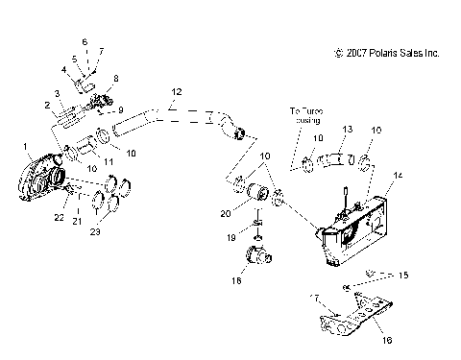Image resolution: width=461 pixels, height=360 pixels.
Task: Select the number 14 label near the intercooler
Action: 399,177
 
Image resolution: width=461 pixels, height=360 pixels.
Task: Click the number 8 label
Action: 116,78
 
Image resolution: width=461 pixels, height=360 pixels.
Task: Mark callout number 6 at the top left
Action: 84,42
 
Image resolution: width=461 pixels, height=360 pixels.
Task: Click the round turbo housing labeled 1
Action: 43,178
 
